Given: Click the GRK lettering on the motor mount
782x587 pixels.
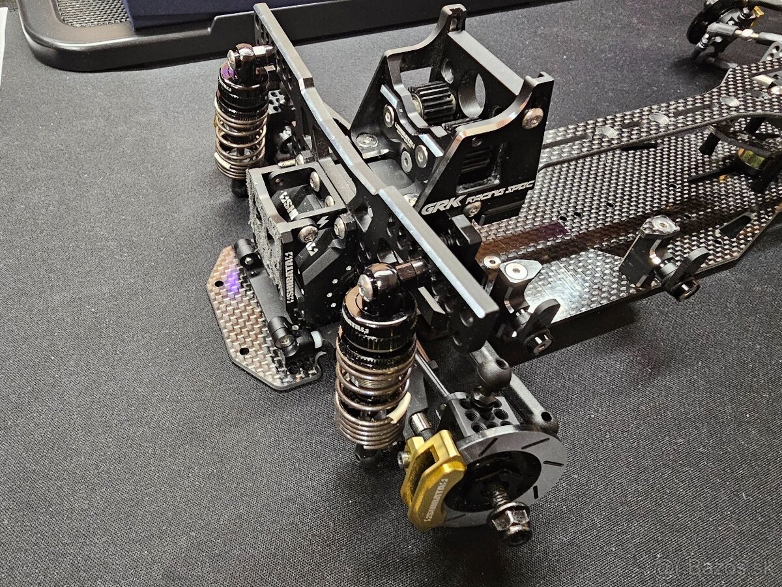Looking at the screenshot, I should [435, 207].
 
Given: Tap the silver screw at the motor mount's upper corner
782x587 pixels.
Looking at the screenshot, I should [532, 118].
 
